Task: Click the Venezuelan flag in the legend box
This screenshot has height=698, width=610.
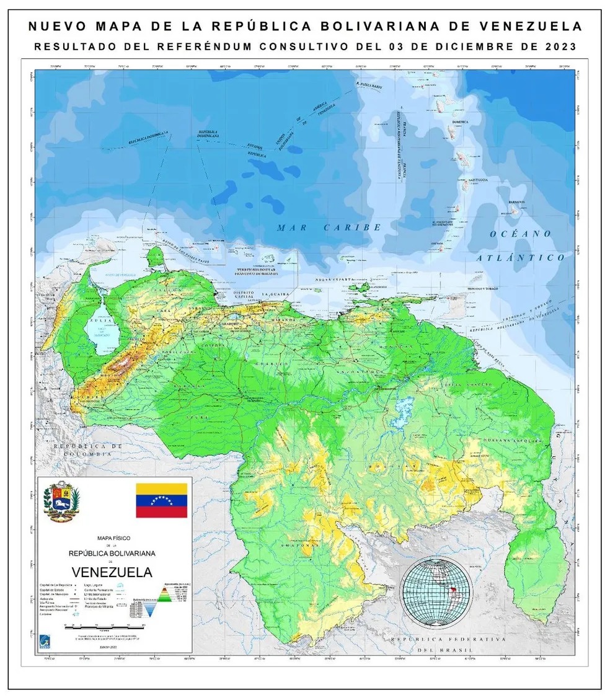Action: [161, 500]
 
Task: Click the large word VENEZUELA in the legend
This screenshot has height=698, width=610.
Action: [112, 571]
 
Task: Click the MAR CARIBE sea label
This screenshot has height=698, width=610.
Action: [329, 228]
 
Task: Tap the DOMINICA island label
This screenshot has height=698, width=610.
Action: [460, 123]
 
